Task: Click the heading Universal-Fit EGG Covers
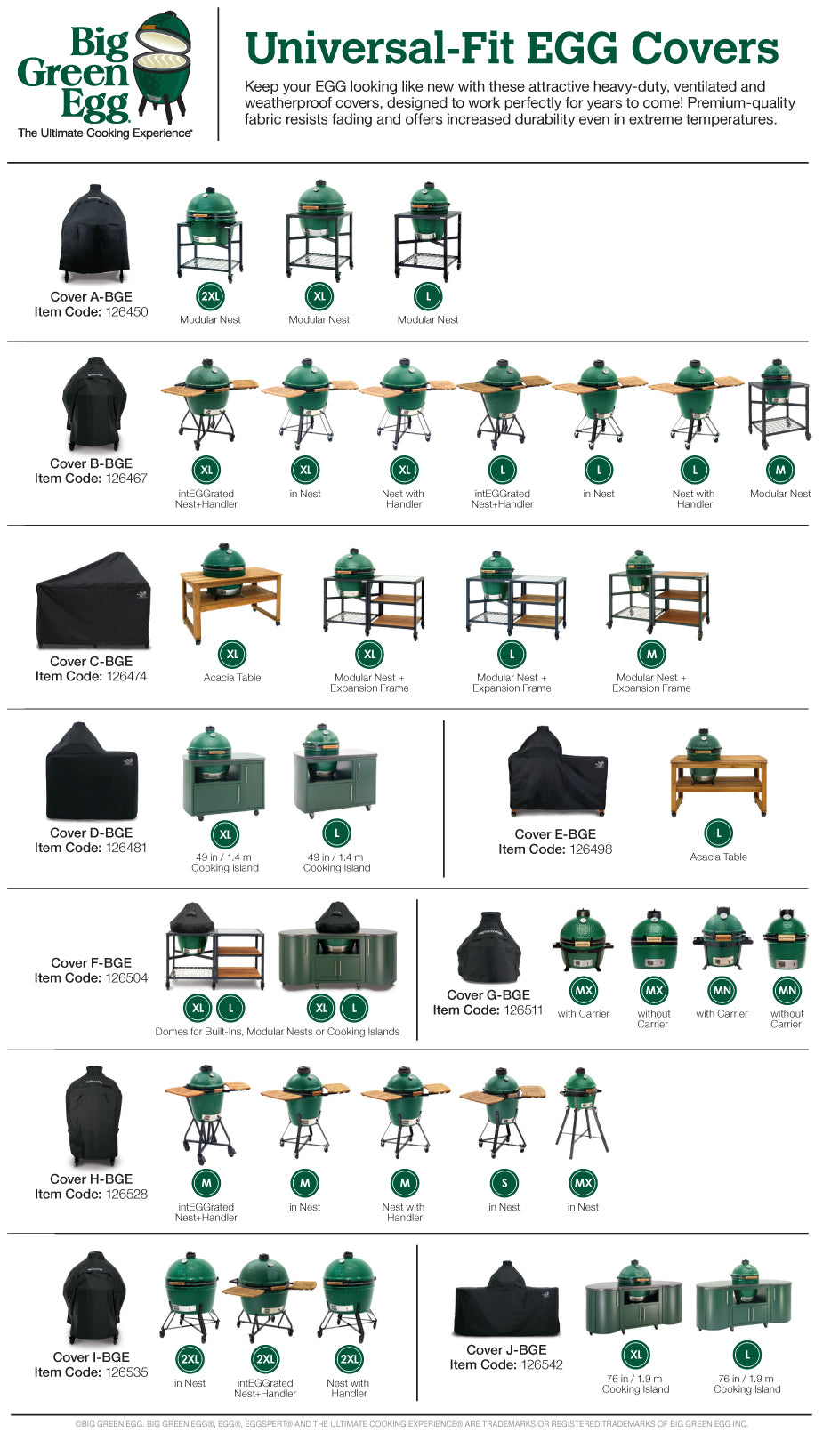(512, 48)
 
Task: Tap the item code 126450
(126, 312)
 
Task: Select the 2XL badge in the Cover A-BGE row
(210, 296)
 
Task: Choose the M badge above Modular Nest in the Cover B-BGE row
(780, 470)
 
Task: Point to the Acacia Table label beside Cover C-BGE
(232, 678)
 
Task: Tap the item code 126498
(591, 849)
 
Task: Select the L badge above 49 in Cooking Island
(336, 833)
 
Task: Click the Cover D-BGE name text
(91, 833)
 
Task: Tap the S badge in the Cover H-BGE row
(504, 1183)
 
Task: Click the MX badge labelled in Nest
(584, 1183)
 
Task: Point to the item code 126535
(126, 1372)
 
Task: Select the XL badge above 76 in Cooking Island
(635, 1356)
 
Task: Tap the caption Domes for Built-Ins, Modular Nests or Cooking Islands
(278, 1032)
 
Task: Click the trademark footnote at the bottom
(411, 1424)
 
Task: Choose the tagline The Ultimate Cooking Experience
(105, 133)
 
